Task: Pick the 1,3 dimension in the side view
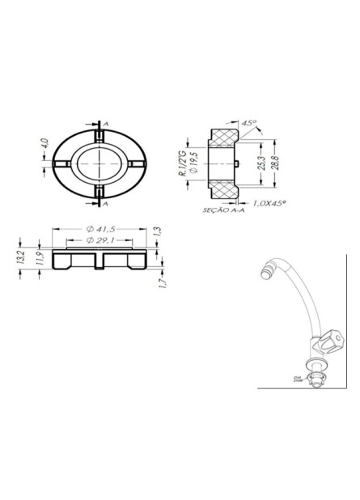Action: point(159,231)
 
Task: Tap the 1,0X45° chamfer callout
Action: point(271,203)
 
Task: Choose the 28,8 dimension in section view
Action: point(274,162)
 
